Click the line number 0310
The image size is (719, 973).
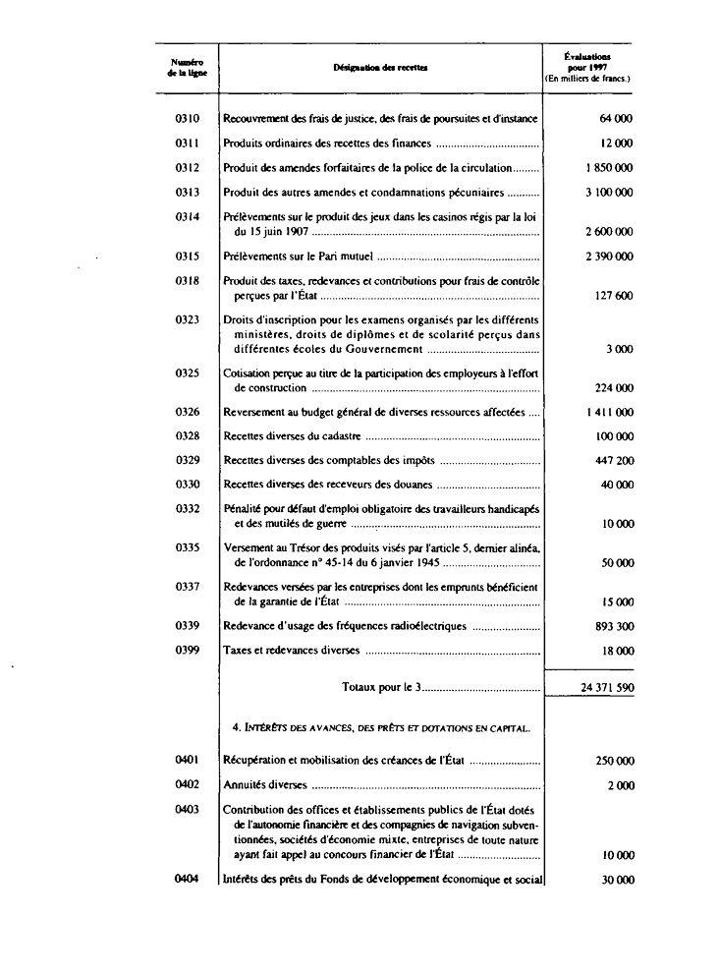pos(187,119)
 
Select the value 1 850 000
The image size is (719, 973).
pos(609,168)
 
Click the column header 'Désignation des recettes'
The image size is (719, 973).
pos(378,68)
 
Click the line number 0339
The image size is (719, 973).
pos(187,626)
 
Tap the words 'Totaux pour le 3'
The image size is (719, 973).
pos(381,688)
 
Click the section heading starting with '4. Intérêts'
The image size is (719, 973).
pos(381,728)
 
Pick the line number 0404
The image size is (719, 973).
pos(187,880)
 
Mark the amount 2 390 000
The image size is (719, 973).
pos(609,257)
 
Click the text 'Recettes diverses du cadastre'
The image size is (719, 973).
pos(293,435)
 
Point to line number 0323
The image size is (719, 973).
pos(187,319)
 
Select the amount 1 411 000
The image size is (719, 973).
pos(609,412)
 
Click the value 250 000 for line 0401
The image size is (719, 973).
pos(614,761)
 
